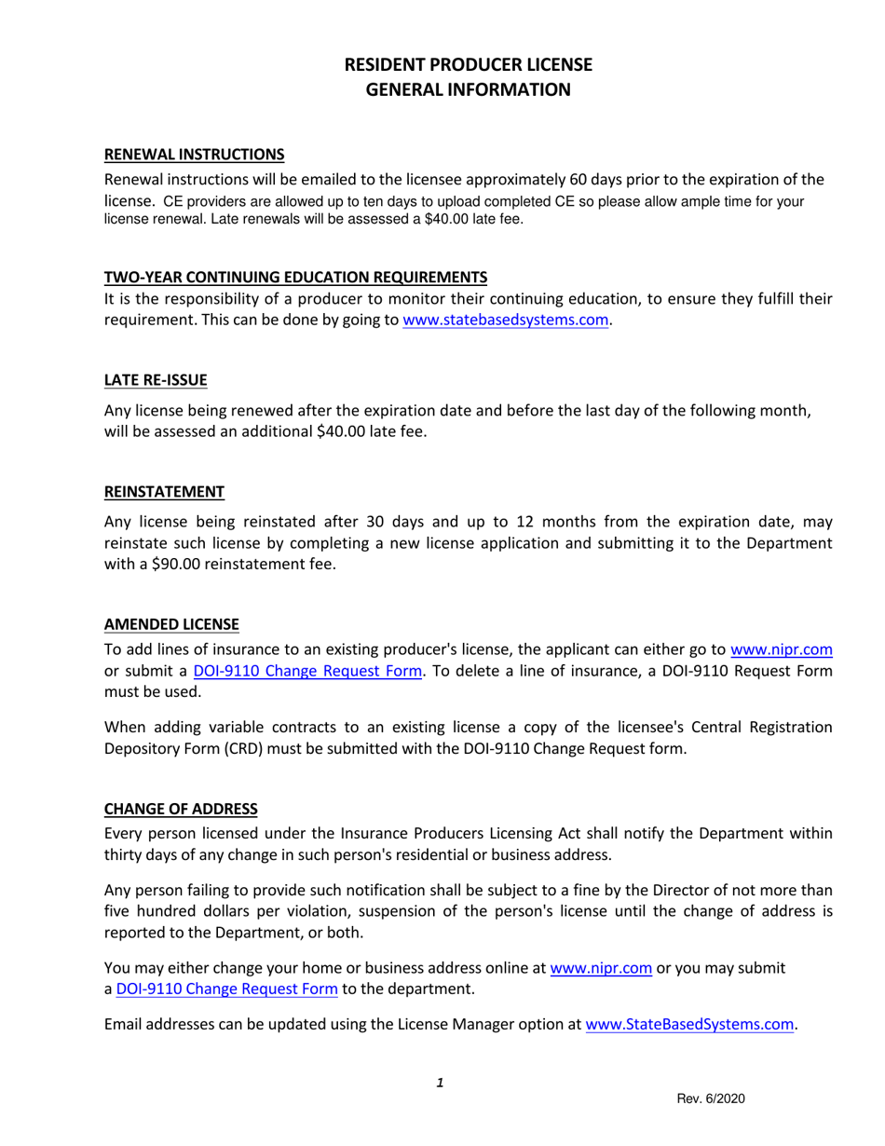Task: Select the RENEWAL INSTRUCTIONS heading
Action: click(193, 153)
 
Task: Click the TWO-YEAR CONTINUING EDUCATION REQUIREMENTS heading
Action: click(294, 277)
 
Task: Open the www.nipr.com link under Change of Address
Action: click(600, 967)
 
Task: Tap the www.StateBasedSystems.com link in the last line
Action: click(689, 1025)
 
